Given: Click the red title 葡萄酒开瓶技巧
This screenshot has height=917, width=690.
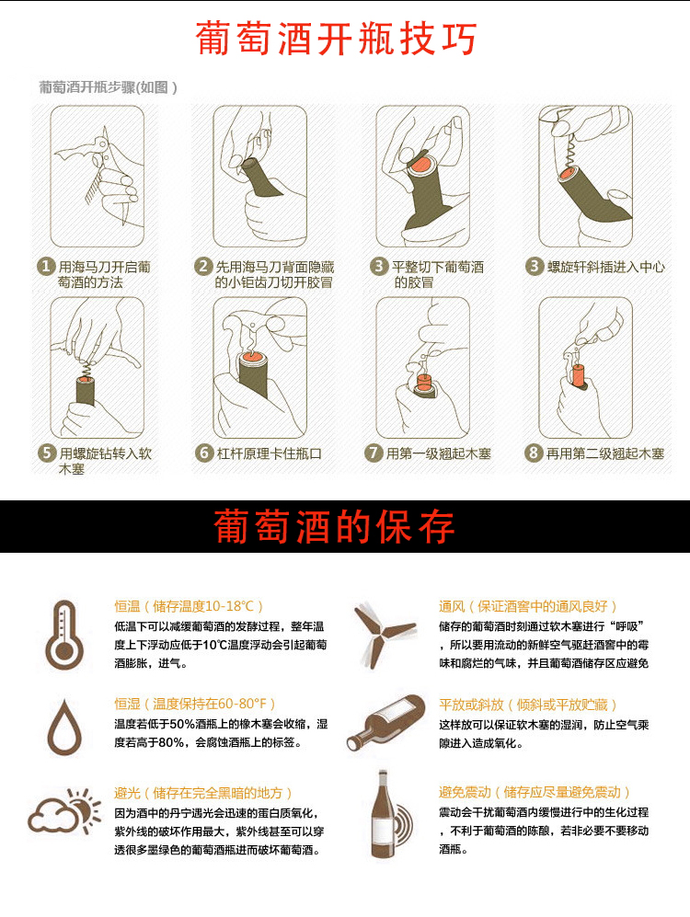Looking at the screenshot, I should point(337,40).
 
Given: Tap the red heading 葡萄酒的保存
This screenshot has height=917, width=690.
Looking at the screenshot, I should point(335,528).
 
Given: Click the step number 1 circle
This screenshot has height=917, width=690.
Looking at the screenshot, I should point(45,267).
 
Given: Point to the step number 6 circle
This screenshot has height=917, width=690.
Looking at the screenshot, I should point(204,453).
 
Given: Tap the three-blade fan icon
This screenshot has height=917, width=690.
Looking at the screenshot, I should point(384,634).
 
